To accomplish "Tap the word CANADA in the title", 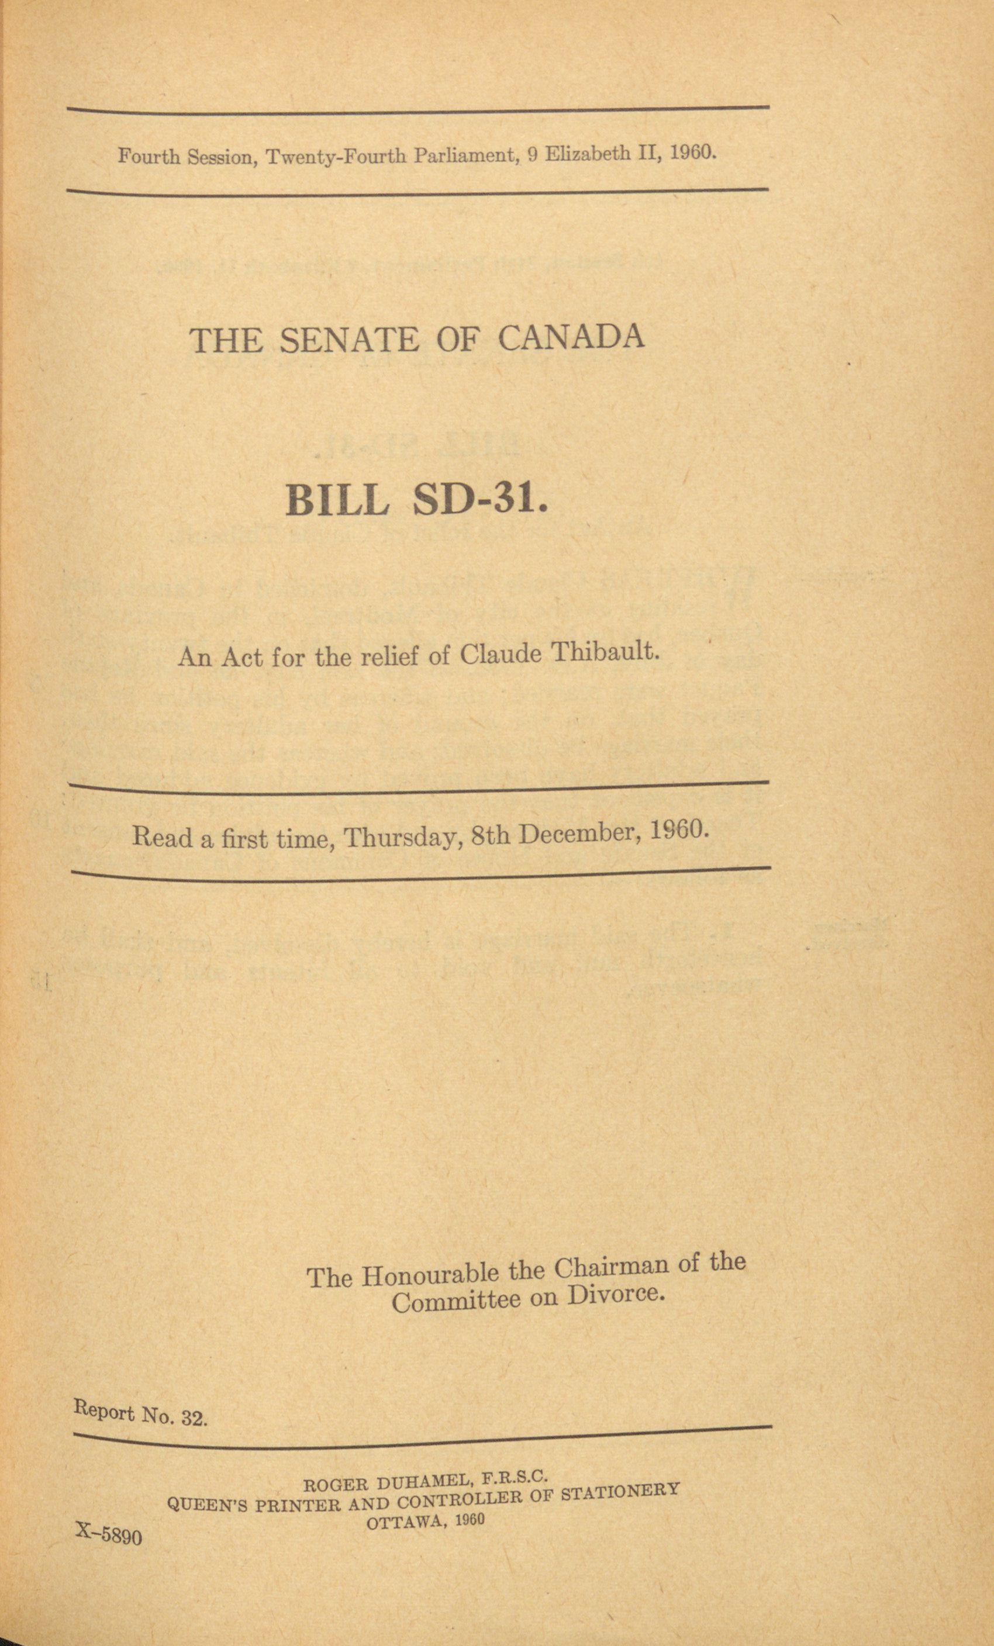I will tap(571, 337).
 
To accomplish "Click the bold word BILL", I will tap(337, 500).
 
